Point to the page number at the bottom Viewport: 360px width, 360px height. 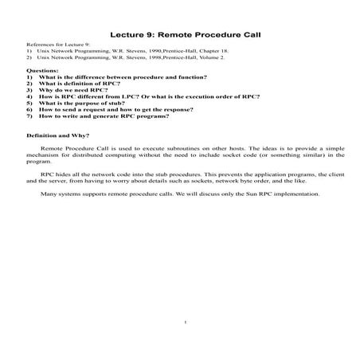pyautogui.click(x=183, y=323)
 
